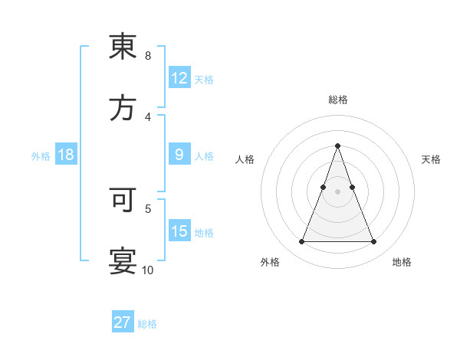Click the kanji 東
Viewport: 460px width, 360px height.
point(123,47)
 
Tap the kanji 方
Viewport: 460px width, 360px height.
point(123,108)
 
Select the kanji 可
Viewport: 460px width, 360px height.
point(123,200)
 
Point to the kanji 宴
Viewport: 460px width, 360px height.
point(123,260)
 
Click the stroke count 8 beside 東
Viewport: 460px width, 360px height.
point(148,56)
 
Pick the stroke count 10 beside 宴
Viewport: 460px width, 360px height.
point(148,270)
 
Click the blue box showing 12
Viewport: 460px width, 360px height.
point(179,78)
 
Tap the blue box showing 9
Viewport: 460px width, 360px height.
point(179,155)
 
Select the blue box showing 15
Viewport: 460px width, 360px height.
point(179,231)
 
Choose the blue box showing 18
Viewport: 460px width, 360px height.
point(66,155)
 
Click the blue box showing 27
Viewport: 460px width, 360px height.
point(123,322)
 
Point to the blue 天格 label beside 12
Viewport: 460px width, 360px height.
point(204,79)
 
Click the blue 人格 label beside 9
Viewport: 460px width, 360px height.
point(204,155)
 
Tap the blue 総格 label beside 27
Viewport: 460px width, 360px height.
point(147,323)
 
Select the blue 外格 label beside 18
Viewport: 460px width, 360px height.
point(41,155)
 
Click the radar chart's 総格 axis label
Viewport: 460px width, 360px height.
point(337,100)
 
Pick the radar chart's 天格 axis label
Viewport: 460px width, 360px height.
point(431,159)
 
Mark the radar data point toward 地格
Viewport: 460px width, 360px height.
point(374,242)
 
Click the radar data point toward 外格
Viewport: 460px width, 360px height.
point(301,242)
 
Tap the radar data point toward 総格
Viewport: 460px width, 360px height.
point(337,146)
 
